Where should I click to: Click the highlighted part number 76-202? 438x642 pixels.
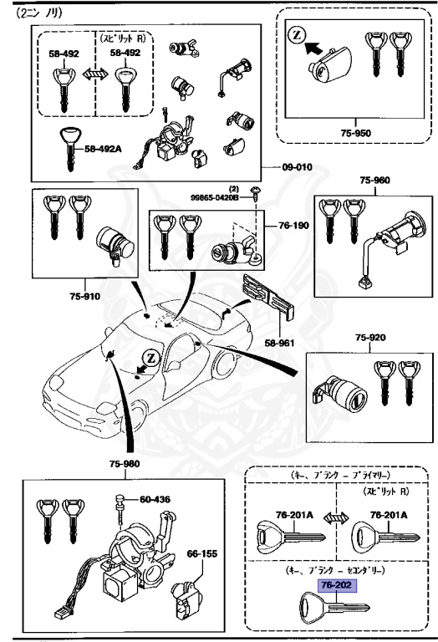point(335,586)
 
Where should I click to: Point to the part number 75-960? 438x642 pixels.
point(374,180)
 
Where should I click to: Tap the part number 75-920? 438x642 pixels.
point(370,338)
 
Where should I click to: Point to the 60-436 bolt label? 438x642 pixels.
point(155,500)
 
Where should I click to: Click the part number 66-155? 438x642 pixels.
point(202,553)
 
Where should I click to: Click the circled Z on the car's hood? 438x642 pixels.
point(151,357)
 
